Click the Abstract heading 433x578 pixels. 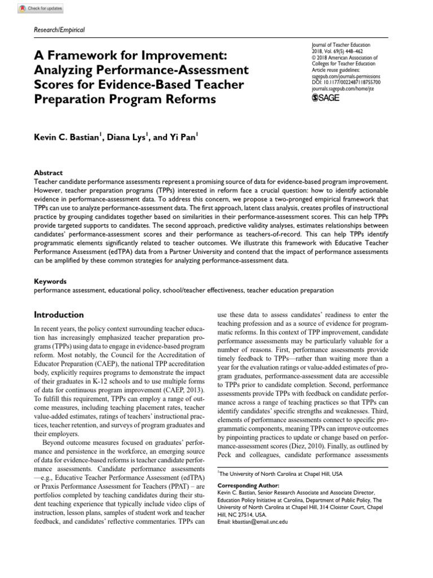click(48, 173)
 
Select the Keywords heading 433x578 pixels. click(50, 281)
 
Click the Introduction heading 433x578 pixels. click(59, 314)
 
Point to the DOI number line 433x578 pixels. click(346, 82)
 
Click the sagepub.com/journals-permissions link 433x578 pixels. click(346, 76)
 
